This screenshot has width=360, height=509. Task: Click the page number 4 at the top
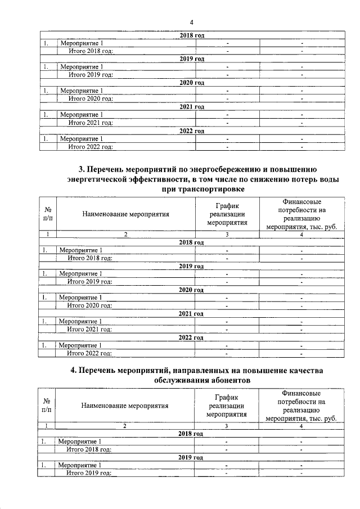191,22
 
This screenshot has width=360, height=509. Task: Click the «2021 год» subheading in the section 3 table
191,313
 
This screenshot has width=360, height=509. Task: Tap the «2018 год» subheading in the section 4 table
191,434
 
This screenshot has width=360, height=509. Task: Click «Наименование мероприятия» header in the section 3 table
125,214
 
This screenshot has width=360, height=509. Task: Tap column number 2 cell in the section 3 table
125,233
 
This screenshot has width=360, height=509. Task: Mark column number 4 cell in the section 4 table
301,426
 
